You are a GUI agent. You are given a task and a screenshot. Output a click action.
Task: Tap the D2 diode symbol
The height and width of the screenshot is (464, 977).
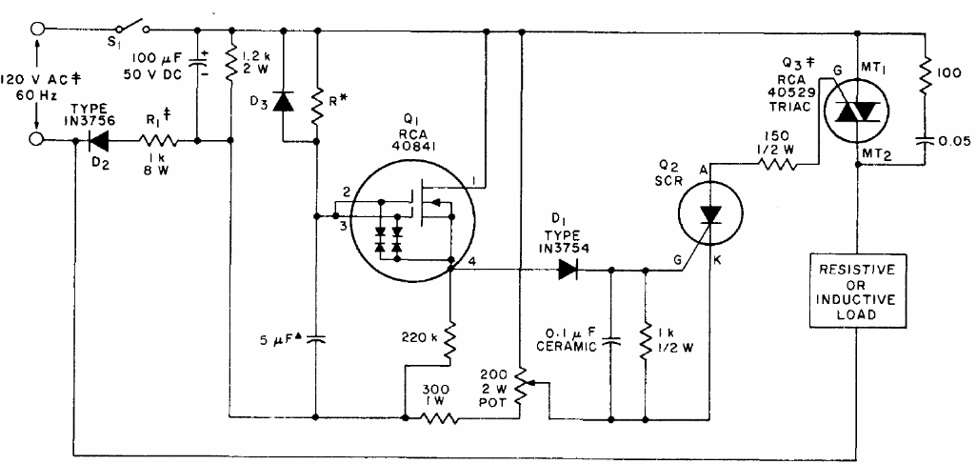tap(98, 141)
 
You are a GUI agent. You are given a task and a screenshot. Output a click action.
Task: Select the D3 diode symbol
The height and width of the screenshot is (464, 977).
tap(284, 102)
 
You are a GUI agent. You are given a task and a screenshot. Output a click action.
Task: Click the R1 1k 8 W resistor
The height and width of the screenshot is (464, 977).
tap(158, 141)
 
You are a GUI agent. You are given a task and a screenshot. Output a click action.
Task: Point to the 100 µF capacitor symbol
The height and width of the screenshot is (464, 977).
tap(198, 64)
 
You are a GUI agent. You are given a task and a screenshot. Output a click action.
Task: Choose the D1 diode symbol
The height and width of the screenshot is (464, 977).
tap(568, 270)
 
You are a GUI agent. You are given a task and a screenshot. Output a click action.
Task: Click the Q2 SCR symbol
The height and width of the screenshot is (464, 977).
tap(709, 214)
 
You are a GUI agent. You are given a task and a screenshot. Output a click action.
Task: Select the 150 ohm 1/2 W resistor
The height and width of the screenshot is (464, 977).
tap(776, 163)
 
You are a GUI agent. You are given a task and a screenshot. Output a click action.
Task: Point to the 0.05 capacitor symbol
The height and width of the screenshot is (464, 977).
tap(925, 141)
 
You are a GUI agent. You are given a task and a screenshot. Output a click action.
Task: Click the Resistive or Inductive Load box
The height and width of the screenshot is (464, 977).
tap(857, 291)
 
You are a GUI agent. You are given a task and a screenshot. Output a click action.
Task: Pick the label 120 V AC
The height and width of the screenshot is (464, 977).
tap(43, 79)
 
